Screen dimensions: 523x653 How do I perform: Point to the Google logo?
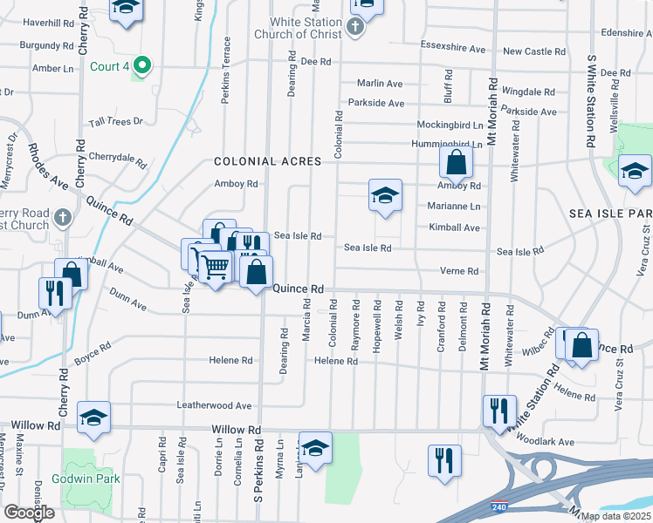tap(29, 513)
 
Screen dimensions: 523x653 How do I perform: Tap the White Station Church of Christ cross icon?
tap(354, 27)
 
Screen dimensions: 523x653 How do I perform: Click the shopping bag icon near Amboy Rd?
tap(456, 161)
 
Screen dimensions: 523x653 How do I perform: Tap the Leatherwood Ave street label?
tap(214, 405)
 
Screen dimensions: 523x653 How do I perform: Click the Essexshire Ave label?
tap(452, 49)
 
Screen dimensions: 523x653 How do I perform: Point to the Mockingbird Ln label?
tap(450, 125)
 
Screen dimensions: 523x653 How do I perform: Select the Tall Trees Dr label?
tap(114, 121)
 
